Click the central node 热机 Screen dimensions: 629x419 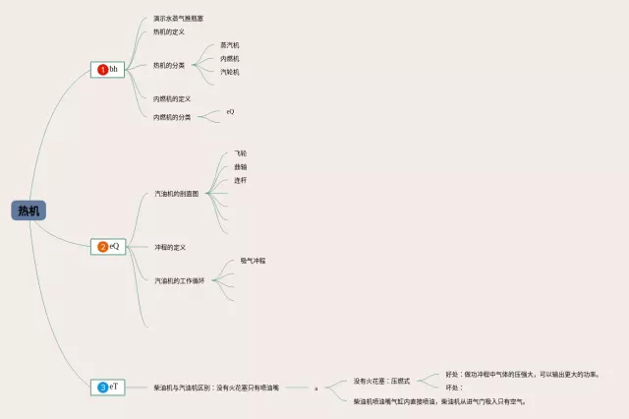(x=29, y=210)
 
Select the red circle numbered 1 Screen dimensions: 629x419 (x=102, y=70)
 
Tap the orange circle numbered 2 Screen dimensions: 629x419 (x=102, y=246)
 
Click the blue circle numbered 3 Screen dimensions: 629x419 (x=102, y=388)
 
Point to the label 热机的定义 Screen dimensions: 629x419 (x=169, y=31)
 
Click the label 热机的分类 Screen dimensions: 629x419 (x=169, y=65)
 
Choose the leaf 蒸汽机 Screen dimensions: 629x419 (x=229, y=45)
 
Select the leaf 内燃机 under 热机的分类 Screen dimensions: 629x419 (x=229, y=58)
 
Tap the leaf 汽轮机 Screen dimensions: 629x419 (x=229, y=72)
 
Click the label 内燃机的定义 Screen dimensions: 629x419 (x=172, y=98)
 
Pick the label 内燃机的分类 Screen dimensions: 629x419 (x=172, y=117)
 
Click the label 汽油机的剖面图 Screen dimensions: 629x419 (x=177, y=194)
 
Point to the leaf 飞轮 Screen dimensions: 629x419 (x=241, y=153)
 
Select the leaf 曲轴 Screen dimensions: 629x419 (x=241, y=167)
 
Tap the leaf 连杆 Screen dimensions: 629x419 (x=241, y=181)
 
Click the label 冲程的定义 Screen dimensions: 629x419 (x=170, y=247)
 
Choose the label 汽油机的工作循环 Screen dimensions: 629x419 (x=179, y=280)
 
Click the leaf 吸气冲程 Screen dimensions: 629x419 (x=253, y=261)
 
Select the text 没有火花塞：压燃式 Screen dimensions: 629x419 (x=381, y=381)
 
